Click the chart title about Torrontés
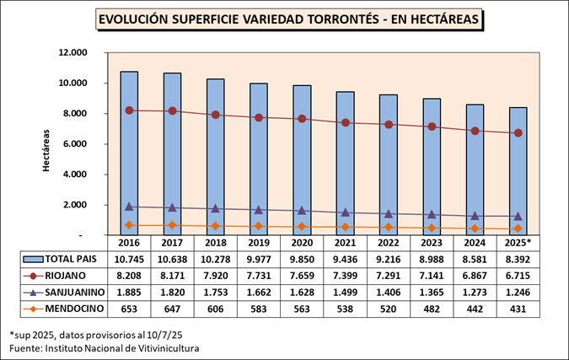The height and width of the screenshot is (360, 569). point(286,19)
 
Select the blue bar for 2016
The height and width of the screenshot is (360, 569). point(129,152)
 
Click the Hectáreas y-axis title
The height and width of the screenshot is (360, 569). point(46,152)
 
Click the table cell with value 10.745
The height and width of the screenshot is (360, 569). point(129,259)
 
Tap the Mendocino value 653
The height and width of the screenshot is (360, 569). point(129,309)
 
